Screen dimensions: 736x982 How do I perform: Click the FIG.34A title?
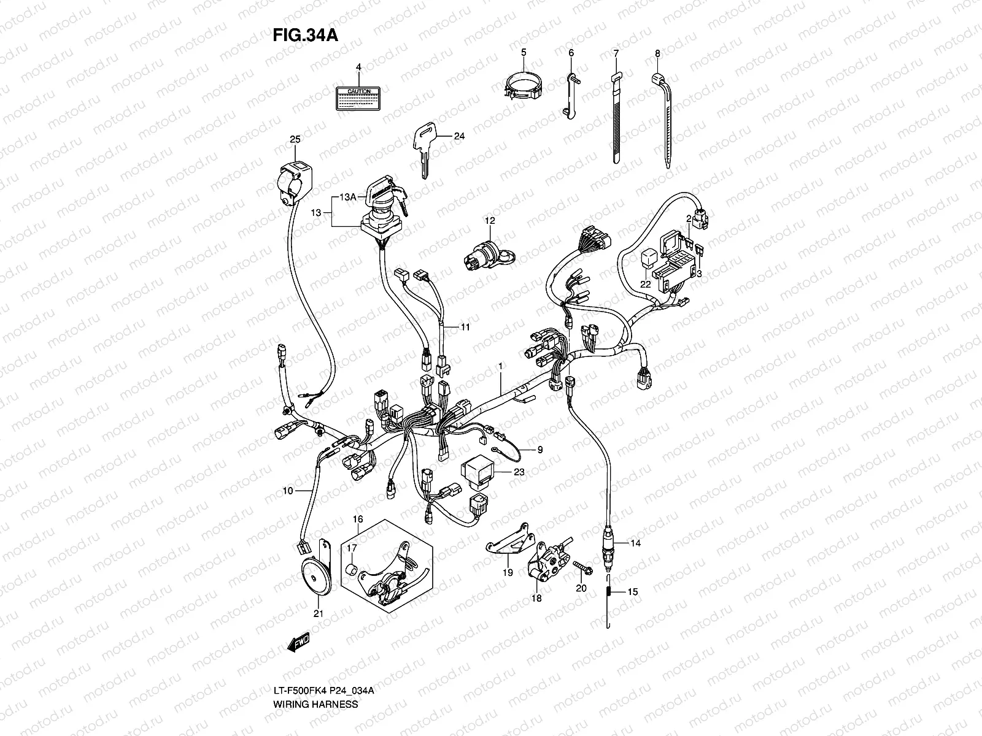click(x=305, y=35)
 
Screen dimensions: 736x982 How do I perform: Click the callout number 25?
click(x=295, y=140)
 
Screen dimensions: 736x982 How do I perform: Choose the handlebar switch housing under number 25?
click(x=295, y=181)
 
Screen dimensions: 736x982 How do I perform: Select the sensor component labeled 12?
click(x=485, y=258)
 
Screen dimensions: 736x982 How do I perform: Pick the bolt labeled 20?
click(x=582, y=567)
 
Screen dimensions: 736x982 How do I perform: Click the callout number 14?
click(x=635, y=543)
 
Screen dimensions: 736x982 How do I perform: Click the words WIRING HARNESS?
click(x=315, y=653)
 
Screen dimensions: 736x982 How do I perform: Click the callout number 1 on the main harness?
click(x=500, y=366)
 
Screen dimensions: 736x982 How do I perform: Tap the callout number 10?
click(x=287, y=491)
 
